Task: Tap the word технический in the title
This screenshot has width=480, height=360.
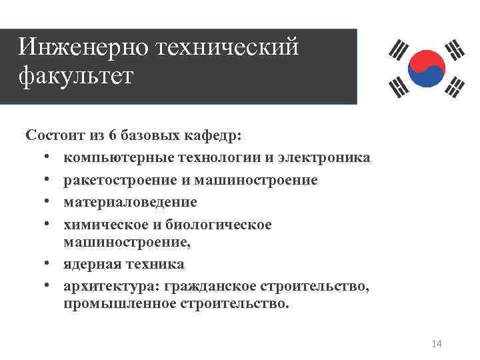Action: pos(227,47)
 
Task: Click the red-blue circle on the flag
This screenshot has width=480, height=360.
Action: pos(427,68)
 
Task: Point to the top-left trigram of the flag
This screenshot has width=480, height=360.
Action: pos(399,51)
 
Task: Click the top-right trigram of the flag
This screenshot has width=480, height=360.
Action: pos(455,49)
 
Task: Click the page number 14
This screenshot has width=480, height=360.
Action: pos(437,343)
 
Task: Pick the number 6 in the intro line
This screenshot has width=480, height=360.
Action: pos(113,136)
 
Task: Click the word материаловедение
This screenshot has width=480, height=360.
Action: pos(130,202)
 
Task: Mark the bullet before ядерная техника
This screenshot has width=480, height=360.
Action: pos(49,264)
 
